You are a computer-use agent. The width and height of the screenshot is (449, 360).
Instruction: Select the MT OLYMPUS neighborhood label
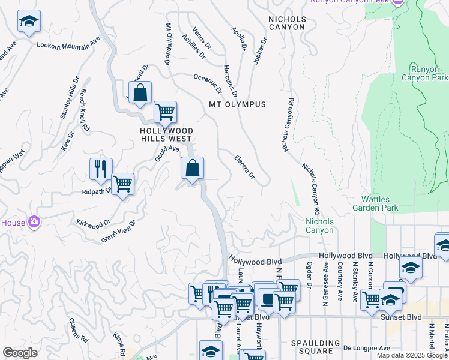237,104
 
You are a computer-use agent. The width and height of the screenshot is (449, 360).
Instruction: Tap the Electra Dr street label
244,167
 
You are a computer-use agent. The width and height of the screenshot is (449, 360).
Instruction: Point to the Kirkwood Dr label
93,222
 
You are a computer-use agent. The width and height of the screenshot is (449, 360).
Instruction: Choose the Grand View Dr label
119,231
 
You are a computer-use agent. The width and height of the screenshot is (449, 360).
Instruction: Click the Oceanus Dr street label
208,83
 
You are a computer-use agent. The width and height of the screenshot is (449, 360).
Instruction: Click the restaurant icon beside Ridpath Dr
101,169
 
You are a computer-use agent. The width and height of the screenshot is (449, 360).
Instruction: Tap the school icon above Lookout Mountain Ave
29,22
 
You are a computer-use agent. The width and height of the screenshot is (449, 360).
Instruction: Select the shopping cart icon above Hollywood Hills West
165,112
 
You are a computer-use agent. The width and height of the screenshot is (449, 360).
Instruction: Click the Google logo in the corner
20,353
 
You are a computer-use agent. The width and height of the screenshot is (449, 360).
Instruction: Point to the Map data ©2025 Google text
411,355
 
